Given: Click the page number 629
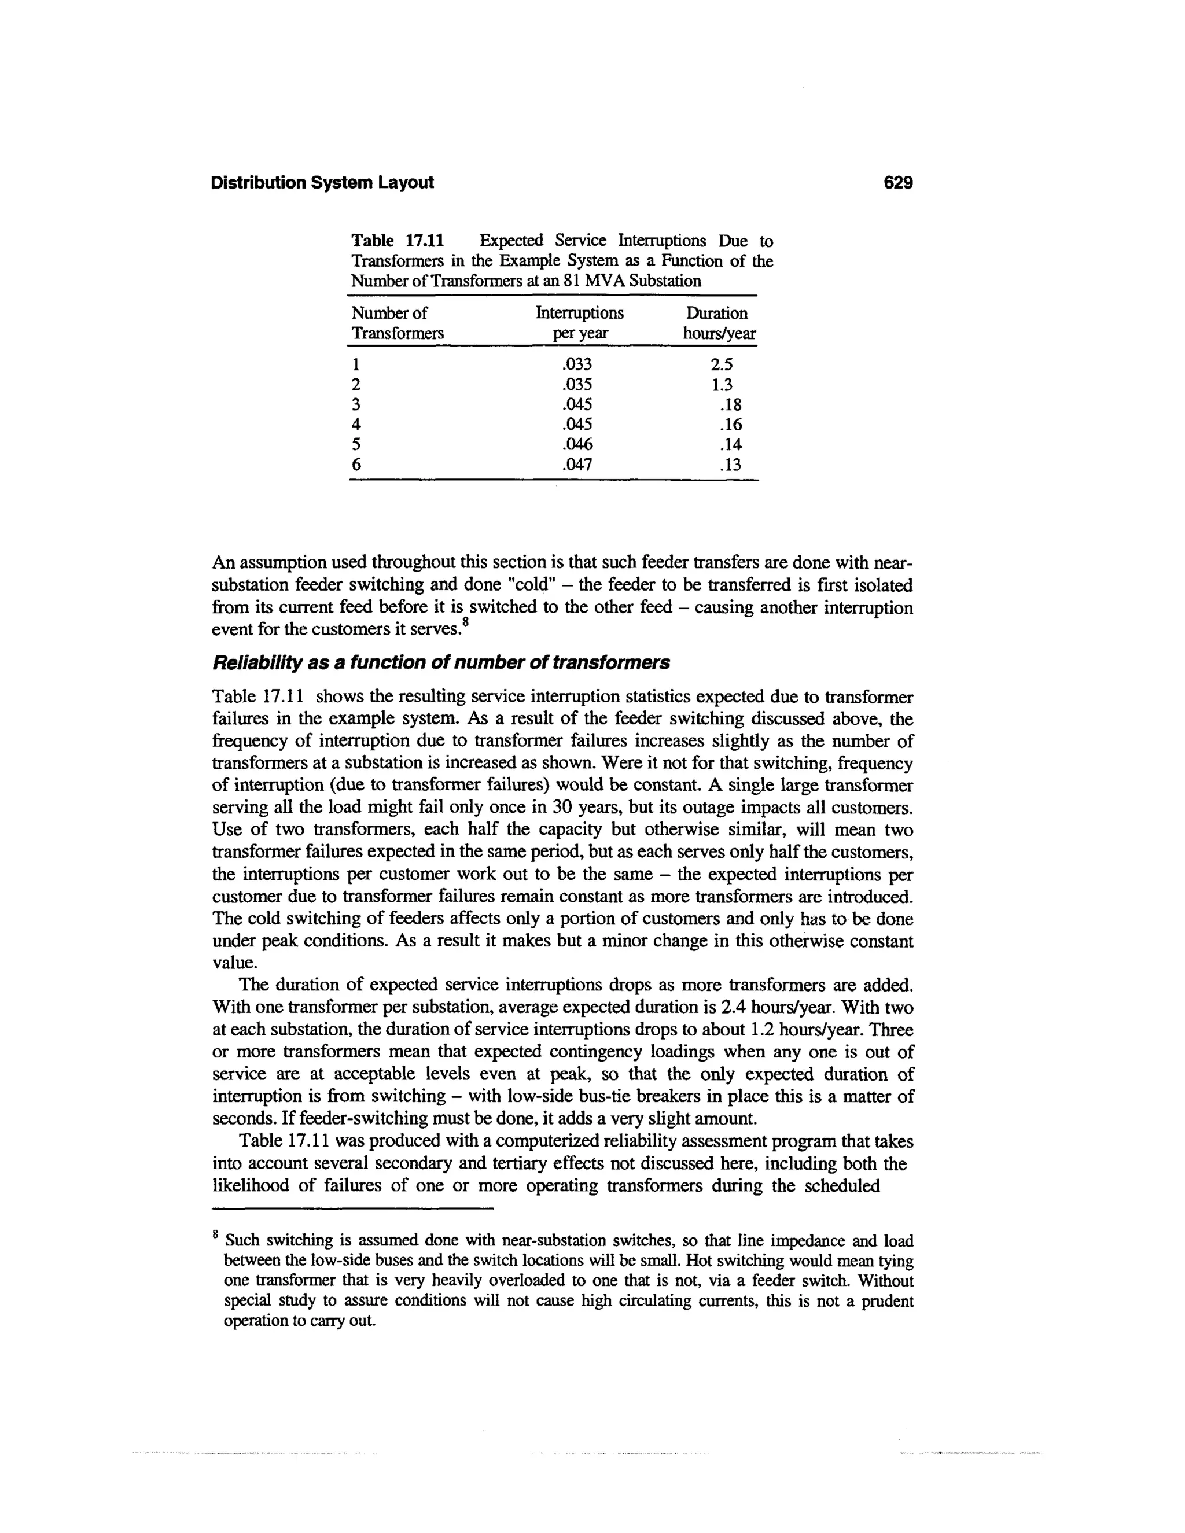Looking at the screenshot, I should (x=898, y=183).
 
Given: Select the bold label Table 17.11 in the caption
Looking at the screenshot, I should (x=398, y=241).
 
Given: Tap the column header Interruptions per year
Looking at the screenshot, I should (x=579, y=323).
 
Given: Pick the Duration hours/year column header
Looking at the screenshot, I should (x=719, y=323).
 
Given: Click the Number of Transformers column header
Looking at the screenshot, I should (x=398, y=323).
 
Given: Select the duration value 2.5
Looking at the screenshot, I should (x=722, y=364).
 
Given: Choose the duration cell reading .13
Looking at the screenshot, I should (x=730, y=465).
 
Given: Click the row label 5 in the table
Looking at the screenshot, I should (x=356, y=444).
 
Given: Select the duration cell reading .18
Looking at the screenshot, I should (x=730, y=404).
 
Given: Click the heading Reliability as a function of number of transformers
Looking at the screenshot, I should (x=441, y=662).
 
